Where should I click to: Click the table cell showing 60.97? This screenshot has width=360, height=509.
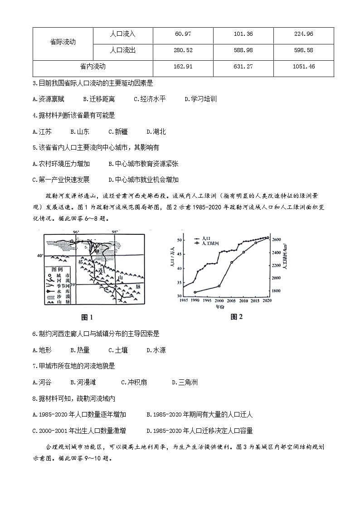point(183,34)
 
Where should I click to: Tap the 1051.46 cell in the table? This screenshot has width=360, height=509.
point(303,67)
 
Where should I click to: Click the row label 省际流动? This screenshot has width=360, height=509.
point(63,42)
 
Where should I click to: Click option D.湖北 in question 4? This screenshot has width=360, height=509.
point(156,131)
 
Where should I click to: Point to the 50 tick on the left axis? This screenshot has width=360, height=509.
point(179,240)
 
